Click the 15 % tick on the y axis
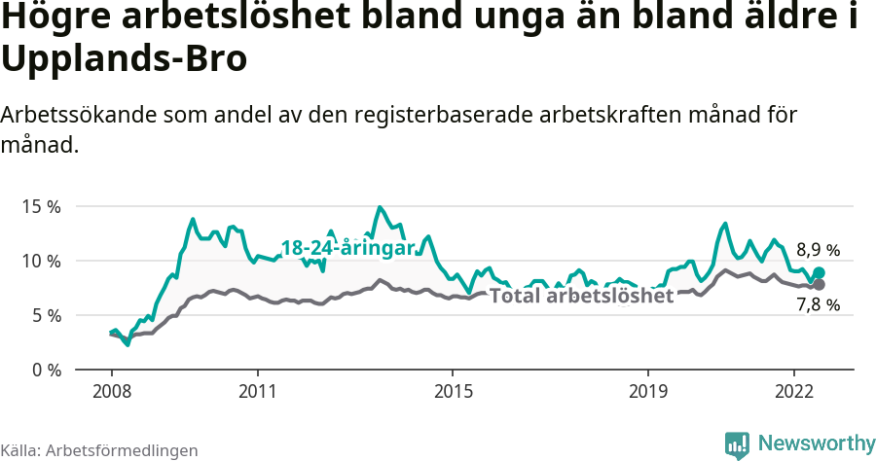40,206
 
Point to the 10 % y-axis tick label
40,261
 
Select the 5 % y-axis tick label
45,315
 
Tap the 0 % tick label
45,370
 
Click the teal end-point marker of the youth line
819,273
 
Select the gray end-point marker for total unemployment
819,284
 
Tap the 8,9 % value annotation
818,249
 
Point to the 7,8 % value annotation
818,305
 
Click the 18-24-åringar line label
347,248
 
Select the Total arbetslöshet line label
581,296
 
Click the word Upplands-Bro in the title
124,58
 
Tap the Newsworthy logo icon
737,444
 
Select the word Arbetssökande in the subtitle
75,114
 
